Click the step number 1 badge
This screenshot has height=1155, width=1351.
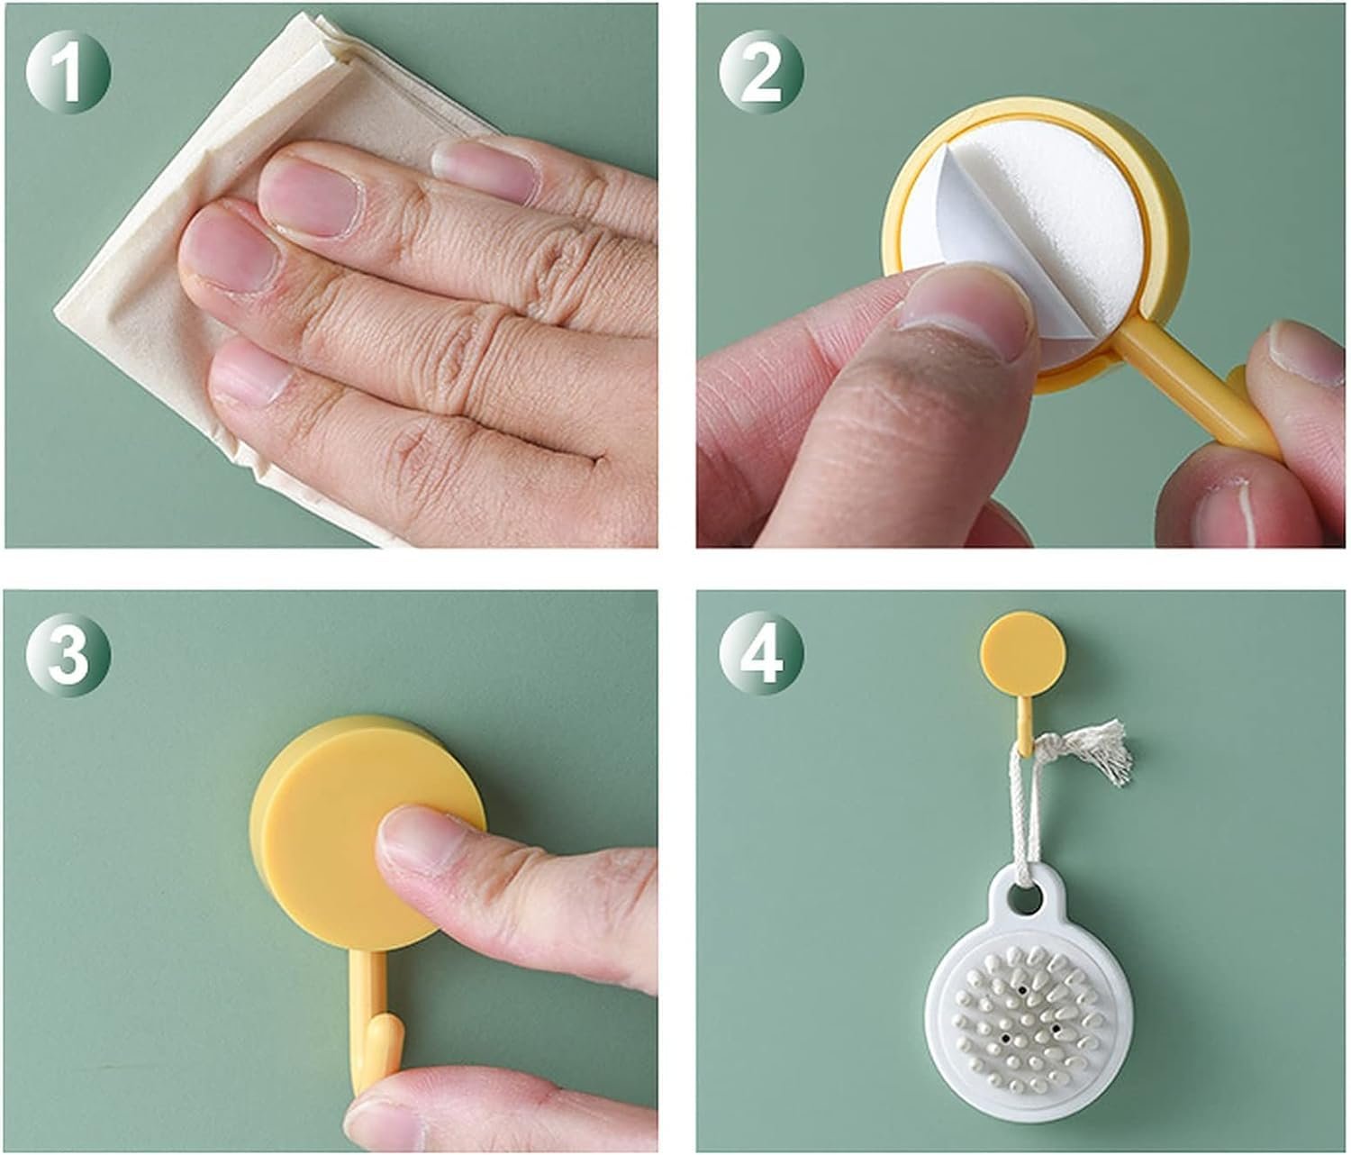click(x=68, y=69)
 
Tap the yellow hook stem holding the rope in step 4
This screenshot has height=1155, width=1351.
click(x=1022, y=721)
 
